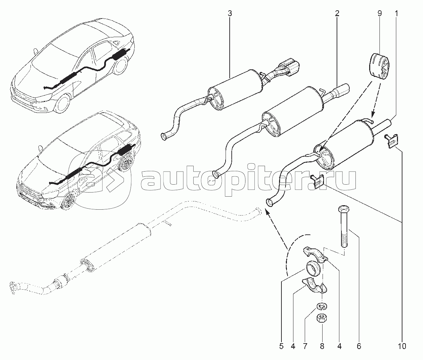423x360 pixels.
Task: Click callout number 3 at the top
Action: [230, 14]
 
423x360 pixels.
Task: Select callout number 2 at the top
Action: [337, 14]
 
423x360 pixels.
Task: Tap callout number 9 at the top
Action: [379, 14]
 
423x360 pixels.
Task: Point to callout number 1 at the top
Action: [397, 14]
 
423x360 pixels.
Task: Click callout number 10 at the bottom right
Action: [402, 346]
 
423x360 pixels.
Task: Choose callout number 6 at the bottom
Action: [359, 346]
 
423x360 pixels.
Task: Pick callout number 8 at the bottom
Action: [322, 346]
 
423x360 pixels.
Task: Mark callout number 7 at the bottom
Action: [305, 346]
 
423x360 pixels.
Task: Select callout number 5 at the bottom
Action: [281, 346]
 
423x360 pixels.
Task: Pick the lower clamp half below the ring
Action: [315, 288]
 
